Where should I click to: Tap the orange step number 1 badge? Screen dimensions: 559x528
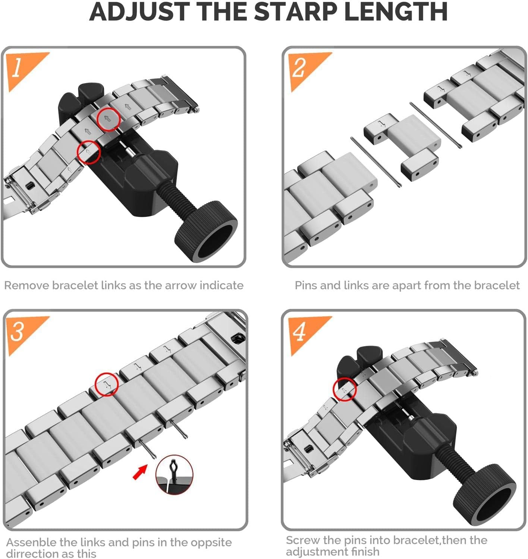[x=22, y=69]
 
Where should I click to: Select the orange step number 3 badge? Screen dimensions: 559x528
[x=22, y=332]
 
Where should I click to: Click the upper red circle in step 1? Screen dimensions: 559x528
[x=108, y=119]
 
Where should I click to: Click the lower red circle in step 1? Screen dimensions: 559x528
[x=89, y=152]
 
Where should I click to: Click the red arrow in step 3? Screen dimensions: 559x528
[x=140, y=473]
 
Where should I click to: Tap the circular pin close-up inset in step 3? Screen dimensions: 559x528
[x=174, y=475]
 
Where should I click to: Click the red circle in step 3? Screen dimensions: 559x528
[x=107, y=384]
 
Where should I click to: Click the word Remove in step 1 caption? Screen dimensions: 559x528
[x=26, y=285]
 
